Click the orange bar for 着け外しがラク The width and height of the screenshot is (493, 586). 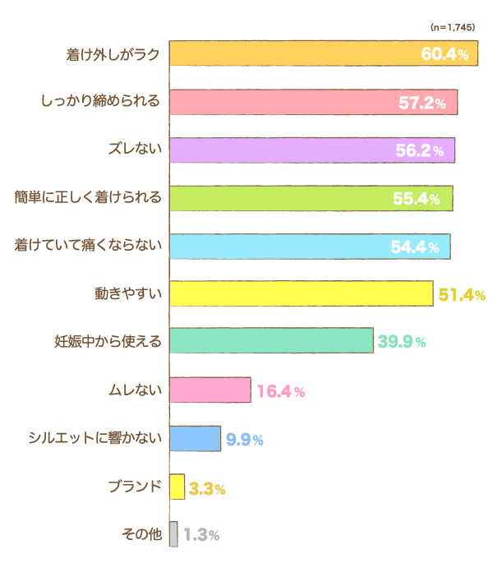(323, 53)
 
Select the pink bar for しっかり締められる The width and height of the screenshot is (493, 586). (313, 102)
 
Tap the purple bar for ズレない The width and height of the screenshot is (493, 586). (311, 150)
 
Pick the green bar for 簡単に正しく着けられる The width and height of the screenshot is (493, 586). (311, 197)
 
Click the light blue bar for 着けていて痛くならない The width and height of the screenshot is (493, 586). (309, 246)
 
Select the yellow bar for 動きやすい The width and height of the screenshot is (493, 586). (301, 293)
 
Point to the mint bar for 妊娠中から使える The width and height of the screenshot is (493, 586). (271, 341)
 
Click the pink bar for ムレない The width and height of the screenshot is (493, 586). (210, 390)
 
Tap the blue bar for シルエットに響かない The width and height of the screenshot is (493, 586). (195, 438)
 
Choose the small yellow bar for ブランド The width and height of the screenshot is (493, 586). (177, 486)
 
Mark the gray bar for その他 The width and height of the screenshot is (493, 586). (173, 534)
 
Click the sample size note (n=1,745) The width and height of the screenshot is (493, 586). (452, 27)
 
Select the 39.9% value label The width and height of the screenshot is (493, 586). (401, 342)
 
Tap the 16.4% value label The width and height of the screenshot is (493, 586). (280, 391)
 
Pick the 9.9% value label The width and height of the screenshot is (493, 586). (244, 440)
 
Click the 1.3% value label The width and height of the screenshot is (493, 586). (201, 535)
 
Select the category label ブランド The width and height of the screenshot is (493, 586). (135, 486)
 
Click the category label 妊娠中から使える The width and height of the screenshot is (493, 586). (107, 341)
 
